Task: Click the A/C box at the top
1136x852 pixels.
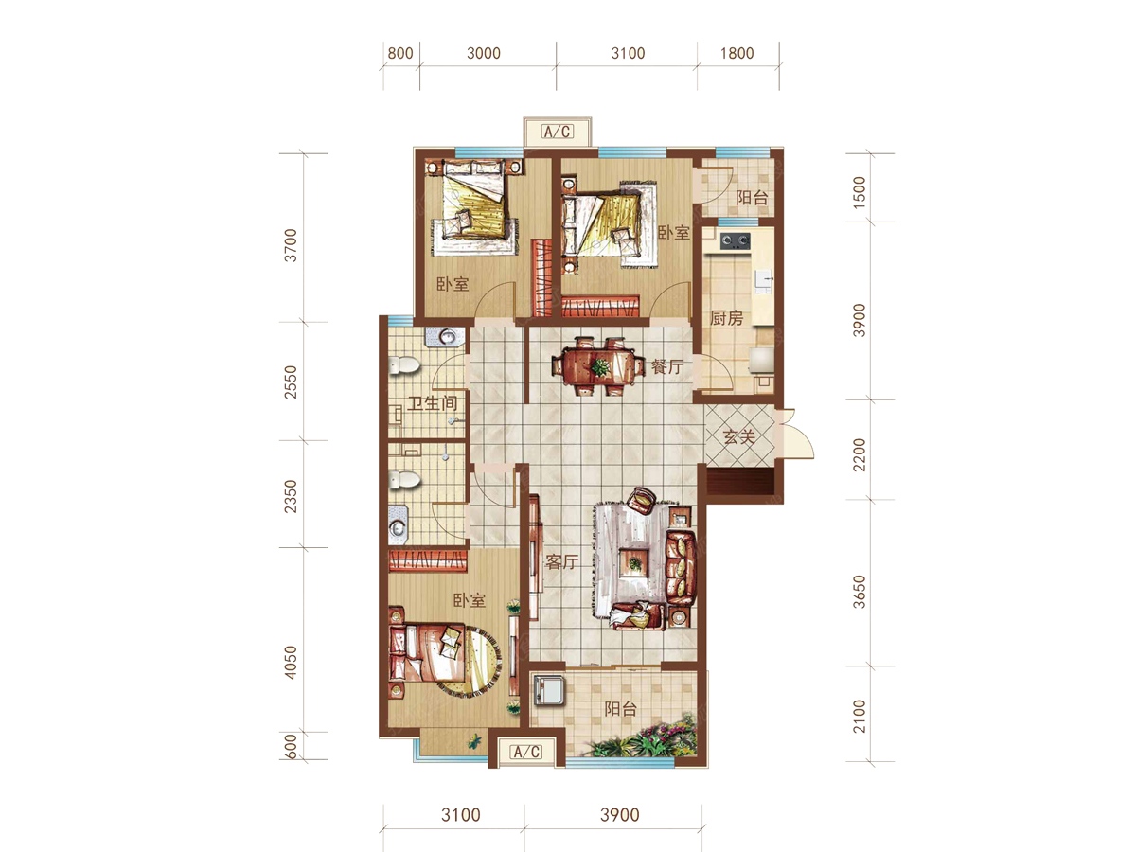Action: pos(558,132)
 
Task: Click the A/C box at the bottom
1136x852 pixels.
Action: pos(526,751)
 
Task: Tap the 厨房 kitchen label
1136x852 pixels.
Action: pos(726,318)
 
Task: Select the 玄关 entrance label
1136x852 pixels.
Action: pos(739,437)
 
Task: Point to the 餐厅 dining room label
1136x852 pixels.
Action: pos(667,366)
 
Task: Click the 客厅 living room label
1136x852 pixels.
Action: pos(561,561)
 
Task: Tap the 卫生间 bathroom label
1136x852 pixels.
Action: pos(432,403)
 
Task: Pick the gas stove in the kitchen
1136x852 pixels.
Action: pos(736,240)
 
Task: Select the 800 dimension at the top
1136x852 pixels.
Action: pos(400,53)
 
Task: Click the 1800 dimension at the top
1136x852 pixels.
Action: pos(737,53)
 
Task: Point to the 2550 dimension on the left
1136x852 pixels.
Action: pos(291,382)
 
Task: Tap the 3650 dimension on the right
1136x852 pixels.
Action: pos(859,592)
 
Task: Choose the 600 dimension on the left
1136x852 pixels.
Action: pos(291,747)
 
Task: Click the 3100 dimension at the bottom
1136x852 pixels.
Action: pos(461,815)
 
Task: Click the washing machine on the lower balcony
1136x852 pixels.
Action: pos(550,689)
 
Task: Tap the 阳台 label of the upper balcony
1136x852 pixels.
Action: pos(752,197)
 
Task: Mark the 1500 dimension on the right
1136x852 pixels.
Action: pos(859,192)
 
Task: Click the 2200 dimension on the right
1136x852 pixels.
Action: pos(859,454)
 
